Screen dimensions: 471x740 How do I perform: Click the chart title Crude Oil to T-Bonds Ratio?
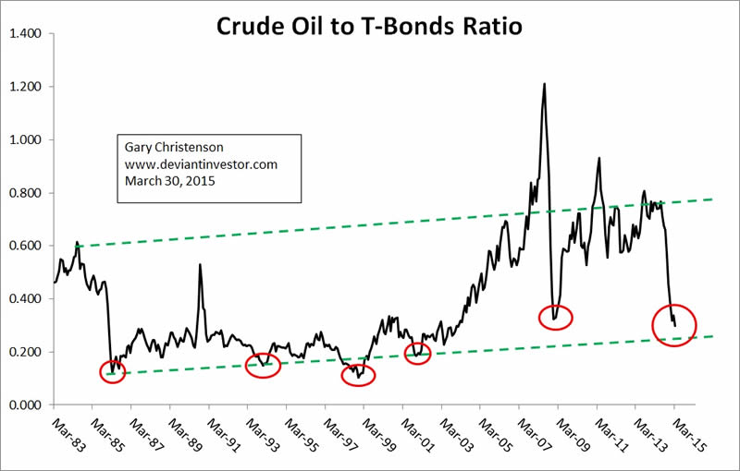(x=369, y=26)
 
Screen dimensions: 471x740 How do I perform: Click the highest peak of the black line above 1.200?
(x=544, y=84)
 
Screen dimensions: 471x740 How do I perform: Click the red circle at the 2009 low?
(x=556, y=317)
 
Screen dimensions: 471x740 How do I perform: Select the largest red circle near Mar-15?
(x=674, y=325)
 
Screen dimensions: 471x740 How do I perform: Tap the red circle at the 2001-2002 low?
(x=418, y=352)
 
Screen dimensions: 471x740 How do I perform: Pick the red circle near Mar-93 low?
(x=263, y=367)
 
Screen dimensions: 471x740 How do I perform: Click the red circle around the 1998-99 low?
(x=359, y=375)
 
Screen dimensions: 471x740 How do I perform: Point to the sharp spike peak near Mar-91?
(x=200, y=265)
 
